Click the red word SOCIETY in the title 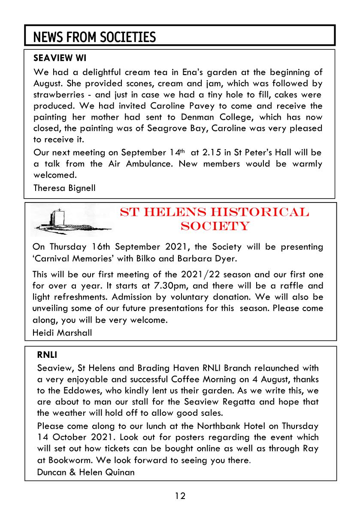(215, 226)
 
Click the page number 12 (180, 496)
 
